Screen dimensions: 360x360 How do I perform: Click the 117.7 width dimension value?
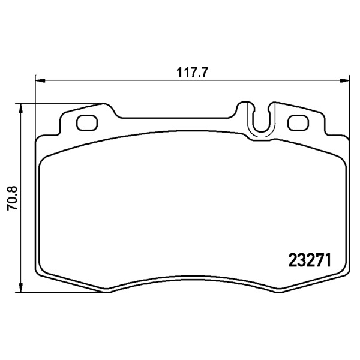(192, 73)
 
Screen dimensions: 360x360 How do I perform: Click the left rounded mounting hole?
(87, 123)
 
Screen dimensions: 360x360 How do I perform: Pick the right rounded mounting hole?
(298, 123)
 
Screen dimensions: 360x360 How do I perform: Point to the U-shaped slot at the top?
(261, 132)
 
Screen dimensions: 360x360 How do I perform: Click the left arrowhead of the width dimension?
(40, 80)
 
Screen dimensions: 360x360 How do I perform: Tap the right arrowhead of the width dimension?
(344, 80)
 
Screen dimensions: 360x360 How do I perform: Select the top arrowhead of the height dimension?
(21, 109)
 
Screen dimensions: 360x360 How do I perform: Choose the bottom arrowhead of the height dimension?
(21, 287)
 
